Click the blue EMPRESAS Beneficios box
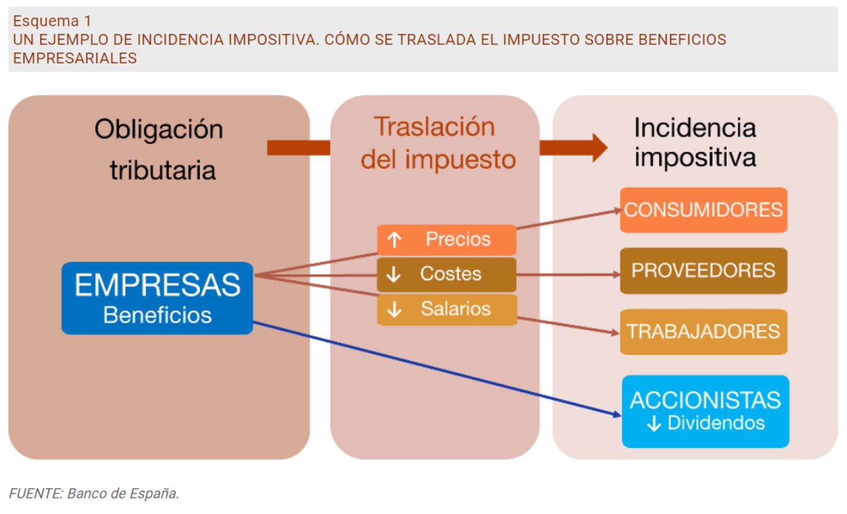point(157,298)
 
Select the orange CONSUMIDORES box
point(703,210)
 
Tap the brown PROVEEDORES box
point(703,271)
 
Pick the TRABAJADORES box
point(703,332)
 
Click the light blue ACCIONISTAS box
point(705,411)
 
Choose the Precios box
point(446,239)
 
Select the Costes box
point(446,274)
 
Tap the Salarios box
point(446,309)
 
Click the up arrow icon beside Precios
point(394,240)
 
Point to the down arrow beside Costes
point(394,275)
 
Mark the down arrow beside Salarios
point(394,309)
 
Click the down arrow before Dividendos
point(654,424)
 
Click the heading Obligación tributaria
point(160,150)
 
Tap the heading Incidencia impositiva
point(695,142)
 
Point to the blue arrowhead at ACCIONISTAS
point(617,415)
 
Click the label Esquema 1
point(52,21)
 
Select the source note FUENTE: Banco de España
point(94,494)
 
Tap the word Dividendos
point(715,423)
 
